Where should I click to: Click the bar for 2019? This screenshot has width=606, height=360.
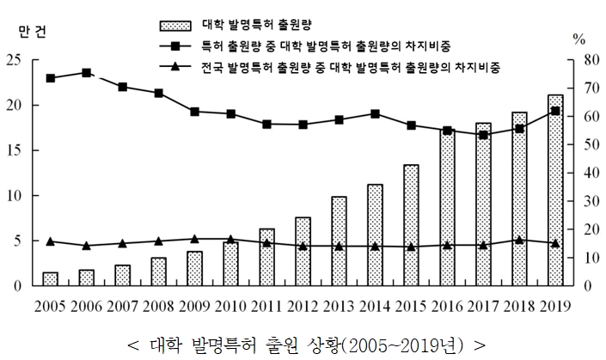555,190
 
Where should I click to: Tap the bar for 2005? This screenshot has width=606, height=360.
51,278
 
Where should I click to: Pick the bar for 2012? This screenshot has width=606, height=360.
303,251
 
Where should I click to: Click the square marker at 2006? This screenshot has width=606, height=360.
87,73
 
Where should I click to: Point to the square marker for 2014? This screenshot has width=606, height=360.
375,113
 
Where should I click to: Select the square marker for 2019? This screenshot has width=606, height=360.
555,111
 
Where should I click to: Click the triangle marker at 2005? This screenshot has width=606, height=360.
51,241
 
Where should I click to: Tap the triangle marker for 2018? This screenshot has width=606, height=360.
519,240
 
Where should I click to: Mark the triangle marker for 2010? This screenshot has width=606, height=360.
230,239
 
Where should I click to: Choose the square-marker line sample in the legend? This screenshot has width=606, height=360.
175,44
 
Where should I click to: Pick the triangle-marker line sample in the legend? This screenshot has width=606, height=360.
175,65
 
